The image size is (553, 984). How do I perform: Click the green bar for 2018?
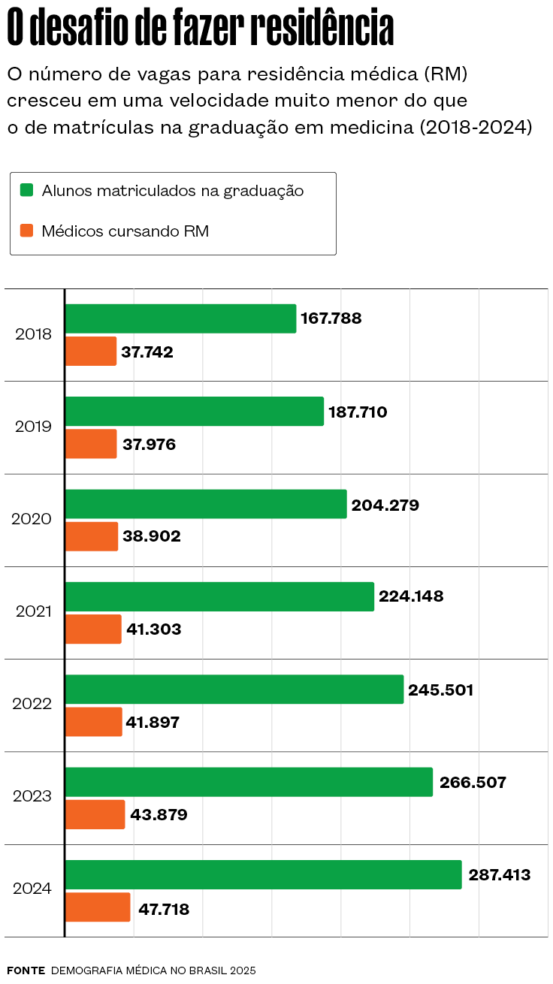(180, 318)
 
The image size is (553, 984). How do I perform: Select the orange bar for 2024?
(98, 907)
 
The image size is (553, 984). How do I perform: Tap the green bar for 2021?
(219, 596)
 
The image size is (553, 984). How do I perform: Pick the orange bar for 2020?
(92, 536)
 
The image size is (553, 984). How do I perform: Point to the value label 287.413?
(500, 874)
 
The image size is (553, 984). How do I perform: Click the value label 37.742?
(147, 352)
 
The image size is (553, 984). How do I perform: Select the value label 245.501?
(441, 690)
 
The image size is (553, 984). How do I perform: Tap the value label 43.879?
(159, 814)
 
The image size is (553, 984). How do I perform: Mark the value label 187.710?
(358, 412)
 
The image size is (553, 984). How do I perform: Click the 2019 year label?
(34, 427)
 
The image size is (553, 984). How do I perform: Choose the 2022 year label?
(32, 704)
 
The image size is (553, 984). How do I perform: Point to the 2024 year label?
(32, 889)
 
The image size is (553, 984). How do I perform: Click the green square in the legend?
(27, 190)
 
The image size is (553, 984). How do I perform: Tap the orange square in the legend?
(27, 231)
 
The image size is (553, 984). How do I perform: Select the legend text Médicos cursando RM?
(125, 231)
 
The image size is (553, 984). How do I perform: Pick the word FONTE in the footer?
(26, 970)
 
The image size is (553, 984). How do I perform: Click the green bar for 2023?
(249, 782)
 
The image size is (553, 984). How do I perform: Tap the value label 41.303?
(154, 629)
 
